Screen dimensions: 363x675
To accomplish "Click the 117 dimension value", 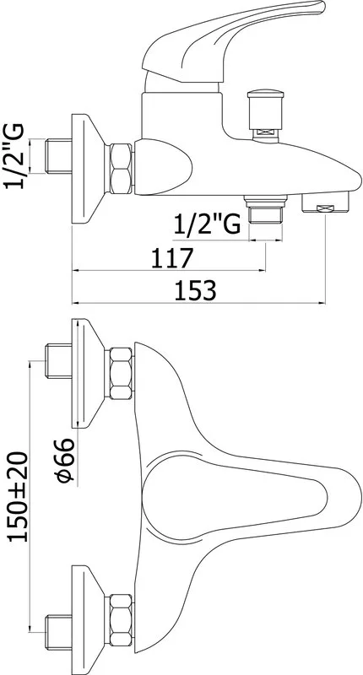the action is [x=171, y=258].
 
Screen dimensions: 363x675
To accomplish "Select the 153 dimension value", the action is [x=195, y=290].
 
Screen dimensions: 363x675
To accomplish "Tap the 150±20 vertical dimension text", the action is [x=19, y=496].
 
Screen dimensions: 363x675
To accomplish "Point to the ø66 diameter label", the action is [x=65, y=460].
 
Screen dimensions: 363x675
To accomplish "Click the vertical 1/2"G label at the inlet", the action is [x=14, y=156].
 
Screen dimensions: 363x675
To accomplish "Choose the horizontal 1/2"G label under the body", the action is [x=207, y=224].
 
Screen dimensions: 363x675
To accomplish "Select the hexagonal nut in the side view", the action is [x=120, y=168].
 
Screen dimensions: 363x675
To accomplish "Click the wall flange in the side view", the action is [x=88, y=169].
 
